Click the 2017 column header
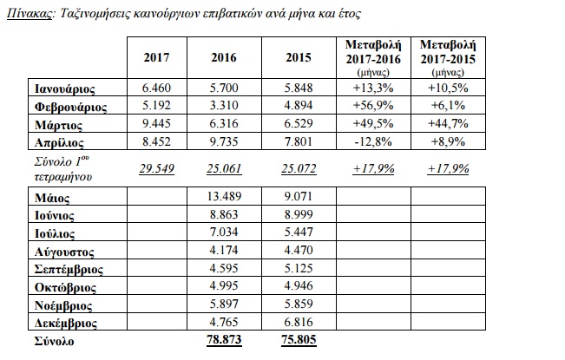157,57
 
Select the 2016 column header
224,57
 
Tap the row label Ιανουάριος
65,89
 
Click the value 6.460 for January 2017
157,88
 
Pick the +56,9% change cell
373,106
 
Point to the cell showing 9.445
157,123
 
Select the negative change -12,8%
373,141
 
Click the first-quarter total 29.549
157,168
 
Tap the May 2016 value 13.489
224,196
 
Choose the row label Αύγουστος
64,252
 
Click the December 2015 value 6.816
299,322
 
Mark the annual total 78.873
224,340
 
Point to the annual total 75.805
299,340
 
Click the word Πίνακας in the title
30,14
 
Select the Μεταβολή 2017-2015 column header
448,57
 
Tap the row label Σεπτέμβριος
69,270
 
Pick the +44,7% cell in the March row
448,123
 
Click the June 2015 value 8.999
299,214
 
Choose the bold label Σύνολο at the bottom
54,341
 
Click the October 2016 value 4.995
224,286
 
